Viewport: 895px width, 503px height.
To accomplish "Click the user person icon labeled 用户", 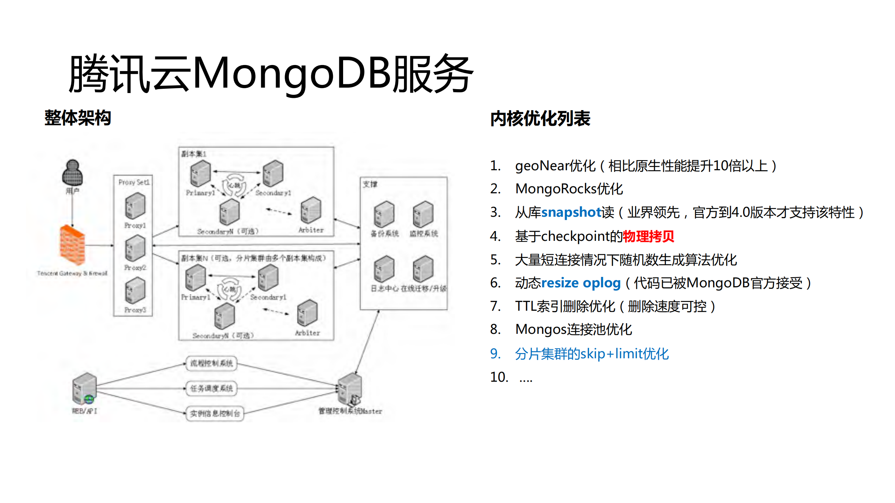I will coord(72,173).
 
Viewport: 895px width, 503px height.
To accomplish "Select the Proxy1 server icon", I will coord(135,206).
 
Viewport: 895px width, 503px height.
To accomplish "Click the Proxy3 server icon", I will coord(135,290).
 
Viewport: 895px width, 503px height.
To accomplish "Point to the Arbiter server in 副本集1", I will coord(311,210).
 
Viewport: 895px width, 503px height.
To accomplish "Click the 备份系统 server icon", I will coord(384,214).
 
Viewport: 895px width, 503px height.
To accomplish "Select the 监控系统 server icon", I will coord(423,214).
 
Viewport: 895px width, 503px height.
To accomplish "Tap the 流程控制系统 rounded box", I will coord(212,364).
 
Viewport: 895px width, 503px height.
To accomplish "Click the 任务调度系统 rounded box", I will coord(212,388).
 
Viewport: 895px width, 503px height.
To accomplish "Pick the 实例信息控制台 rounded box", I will coord(215,414).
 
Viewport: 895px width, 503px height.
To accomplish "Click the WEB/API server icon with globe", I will coord(84,388).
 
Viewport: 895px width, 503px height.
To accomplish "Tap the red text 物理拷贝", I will coord(648,236).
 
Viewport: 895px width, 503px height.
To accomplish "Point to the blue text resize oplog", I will coord(581,283).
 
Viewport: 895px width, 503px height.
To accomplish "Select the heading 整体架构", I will coord(78,118).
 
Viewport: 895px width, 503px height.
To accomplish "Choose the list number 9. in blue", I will coord(495,354).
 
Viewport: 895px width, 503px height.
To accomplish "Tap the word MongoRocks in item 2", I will coord(556,189).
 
